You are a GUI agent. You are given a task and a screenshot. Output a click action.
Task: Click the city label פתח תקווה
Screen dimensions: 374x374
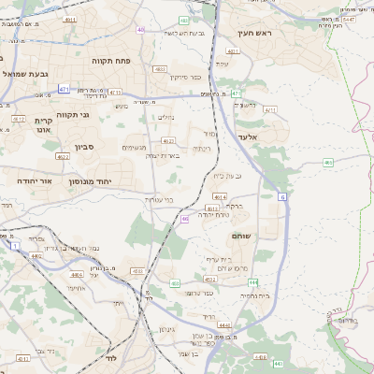[109, 61]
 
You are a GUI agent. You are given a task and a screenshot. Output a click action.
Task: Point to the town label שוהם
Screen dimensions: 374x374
[267, 237]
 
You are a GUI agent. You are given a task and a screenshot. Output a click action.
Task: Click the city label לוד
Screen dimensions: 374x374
[109, 358]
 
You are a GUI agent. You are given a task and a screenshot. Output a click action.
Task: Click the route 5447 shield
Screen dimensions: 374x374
[348, 18]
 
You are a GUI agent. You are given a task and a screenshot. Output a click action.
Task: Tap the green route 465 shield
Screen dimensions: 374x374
[328, 163]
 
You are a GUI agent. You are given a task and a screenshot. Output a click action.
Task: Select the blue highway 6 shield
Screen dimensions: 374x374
[280, 197]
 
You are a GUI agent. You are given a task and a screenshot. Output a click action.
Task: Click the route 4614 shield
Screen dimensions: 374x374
[219, 196]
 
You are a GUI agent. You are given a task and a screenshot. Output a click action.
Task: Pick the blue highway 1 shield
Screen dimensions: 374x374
[15, 245]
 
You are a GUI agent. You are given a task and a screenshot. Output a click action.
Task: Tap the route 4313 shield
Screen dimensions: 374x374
[114, 93]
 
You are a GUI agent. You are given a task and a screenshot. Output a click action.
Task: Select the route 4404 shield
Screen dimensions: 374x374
[77, 275]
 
